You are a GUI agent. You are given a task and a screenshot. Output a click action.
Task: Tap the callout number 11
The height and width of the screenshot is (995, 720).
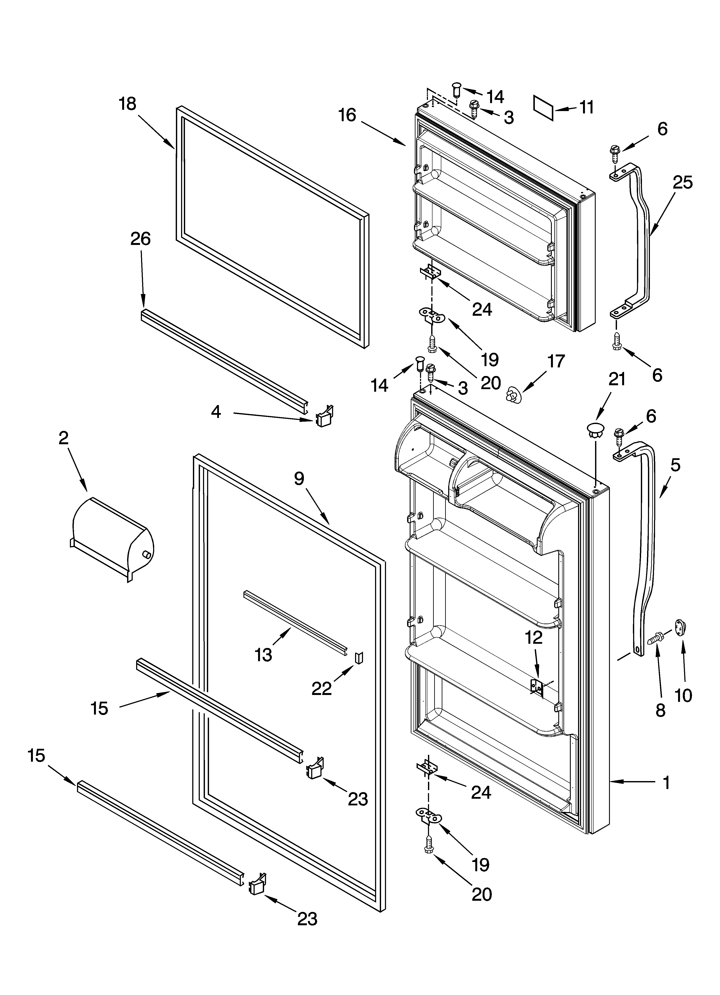pyautogui.click(x=586, y=107)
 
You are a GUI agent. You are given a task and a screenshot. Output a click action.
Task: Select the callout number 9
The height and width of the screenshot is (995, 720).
pyautogui.click(x=299, y=478)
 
